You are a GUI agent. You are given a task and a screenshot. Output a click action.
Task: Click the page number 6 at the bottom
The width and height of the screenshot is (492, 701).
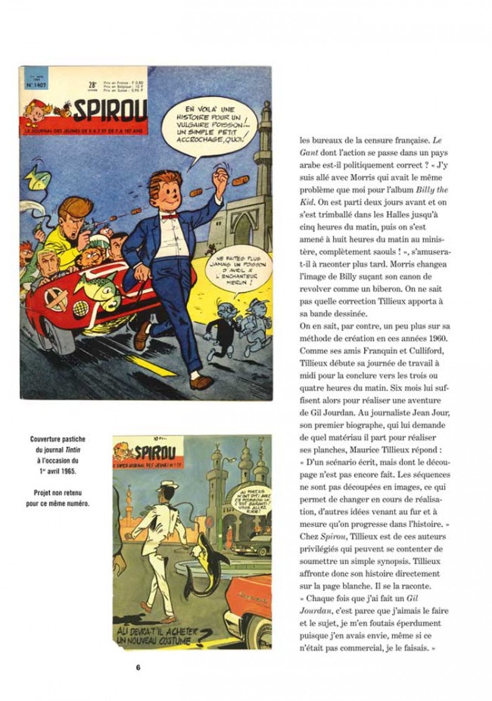click(139, 668)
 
